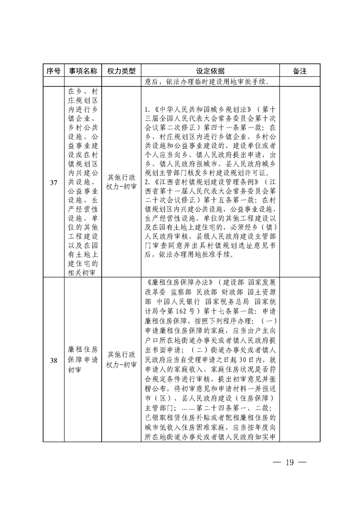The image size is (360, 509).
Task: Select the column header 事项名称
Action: [82, 71]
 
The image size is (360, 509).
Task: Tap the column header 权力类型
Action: [121, 71]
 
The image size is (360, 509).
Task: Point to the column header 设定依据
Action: [210, 71]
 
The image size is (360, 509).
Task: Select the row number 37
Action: [53, 182]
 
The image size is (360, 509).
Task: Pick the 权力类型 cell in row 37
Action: [121, 182]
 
